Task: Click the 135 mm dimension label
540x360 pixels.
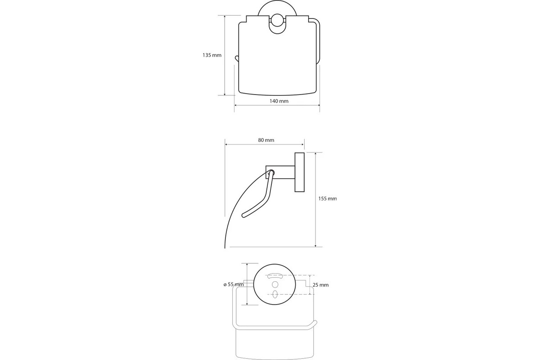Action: tap(211, 55)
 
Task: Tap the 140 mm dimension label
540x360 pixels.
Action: tap(279, 101)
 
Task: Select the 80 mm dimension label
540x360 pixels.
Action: tap(266, 140)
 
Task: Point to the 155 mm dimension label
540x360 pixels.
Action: tap(328, 199)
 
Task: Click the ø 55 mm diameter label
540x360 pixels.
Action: tap(234, 284)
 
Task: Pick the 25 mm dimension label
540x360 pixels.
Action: tap(320, 285)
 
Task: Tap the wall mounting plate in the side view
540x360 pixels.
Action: tap(299, 172)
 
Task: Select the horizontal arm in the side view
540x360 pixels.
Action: tap(280, 172)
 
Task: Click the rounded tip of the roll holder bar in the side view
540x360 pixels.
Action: tap(244, 215)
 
